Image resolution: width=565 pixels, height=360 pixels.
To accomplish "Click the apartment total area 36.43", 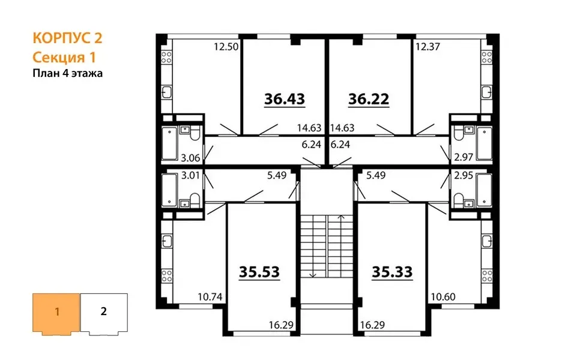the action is pos(285,98).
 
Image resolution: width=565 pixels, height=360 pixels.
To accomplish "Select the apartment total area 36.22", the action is pos(369,98).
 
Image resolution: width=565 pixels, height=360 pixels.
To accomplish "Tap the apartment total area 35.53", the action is pos(259,272).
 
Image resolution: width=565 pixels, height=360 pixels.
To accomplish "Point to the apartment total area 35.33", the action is pos(392,272).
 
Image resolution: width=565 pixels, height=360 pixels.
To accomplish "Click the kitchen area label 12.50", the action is pos(226,47).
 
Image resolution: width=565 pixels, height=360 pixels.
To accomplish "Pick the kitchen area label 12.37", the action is pos(428,47).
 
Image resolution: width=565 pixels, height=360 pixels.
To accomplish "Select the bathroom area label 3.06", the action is pos(190,158).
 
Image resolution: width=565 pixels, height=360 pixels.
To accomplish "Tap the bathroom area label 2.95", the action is pos(464,175).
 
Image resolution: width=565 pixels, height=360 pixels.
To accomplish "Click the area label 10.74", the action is pos(210,297).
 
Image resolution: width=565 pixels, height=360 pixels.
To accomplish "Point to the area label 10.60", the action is pos(443,297).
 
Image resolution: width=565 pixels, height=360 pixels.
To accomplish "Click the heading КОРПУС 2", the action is pos(67,38).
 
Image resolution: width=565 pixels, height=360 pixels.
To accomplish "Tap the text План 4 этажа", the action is pos(68,73).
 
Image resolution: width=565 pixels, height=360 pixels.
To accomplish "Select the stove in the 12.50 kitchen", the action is pos(166,56).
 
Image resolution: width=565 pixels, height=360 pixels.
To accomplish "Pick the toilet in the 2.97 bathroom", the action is pos(459,134).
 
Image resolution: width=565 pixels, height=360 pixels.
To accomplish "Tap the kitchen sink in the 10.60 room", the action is pos(487,241).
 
